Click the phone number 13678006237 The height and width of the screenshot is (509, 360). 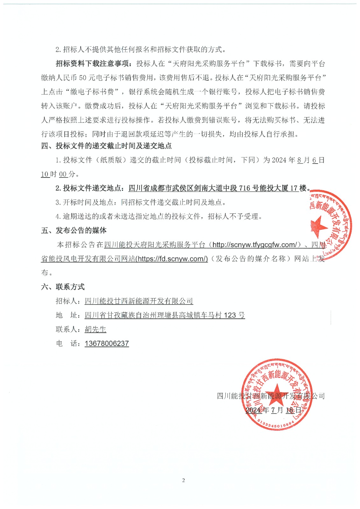[107, 344]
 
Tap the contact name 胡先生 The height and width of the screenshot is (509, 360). [95, 329]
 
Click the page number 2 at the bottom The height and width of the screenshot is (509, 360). [183, 480]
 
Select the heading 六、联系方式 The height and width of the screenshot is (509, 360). [63, 287]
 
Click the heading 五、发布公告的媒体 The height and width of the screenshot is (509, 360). [74, 230]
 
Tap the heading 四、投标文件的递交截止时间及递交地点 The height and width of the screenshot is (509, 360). [106, 146]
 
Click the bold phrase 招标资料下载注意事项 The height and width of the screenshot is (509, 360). [92, 64]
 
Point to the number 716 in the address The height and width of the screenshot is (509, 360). [244, 188]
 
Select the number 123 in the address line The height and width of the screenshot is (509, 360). [230, 315]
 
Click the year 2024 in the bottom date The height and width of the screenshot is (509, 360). [253, 410]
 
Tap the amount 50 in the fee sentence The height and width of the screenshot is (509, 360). [83, 78]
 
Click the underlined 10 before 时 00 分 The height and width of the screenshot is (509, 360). [45, 174]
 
